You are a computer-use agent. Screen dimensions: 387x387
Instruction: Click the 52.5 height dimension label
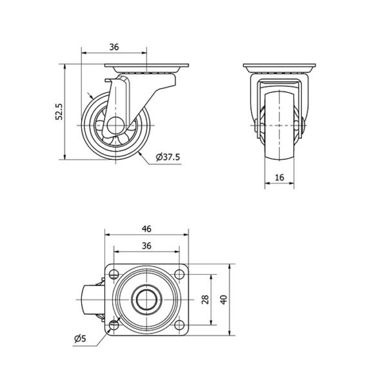click(59, 112)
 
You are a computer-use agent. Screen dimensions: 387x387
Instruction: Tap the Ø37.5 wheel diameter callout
click(168, 157)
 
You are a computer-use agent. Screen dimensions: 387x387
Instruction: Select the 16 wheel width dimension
click(279, 177)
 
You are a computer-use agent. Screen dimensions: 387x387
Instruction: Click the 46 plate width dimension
click(146, 229)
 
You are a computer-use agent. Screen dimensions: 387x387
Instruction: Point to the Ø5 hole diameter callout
click(80, 339)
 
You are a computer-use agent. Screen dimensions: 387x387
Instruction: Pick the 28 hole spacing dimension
click(205, 299)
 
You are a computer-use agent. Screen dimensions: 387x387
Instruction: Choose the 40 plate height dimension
click(224, 300)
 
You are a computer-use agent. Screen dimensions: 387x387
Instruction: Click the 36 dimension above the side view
click(114, 46)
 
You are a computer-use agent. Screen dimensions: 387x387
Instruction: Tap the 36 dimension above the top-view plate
click(146, 246)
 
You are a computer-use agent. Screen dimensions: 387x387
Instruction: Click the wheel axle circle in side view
click(115, 125)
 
